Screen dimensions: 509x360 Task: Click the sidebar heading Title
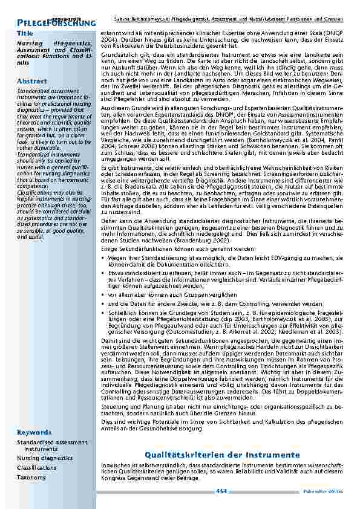(x=25, y=33)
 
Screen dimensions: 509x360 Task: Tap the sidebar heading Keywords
(x=34, y=433)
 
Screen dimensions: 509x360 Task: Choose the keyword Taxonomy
(x=31, y=478)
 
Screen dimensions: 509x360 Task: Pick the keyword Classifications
(x=37, y=468)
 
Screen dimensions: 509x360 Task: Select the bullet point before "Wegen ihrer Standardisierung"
(x=104, y=257)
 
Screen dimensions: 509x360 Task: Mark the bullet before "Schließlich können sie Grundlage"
(x=104, y=314)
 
